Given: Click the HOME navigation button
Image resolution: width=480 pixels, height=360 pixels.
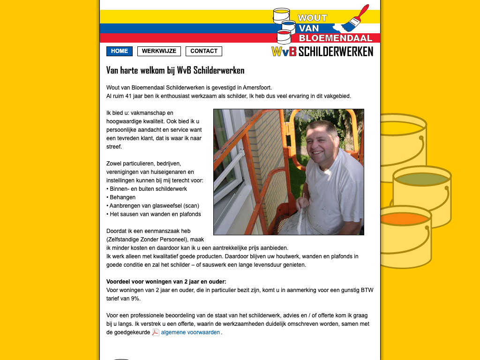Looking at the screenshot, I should [120, 51].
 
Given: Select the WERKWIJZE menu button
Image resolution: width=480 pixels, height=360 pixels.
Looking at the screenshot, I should [159, 51].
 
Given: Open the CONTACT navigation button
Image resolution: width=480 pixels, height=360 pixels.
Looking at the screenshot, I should [203, 51].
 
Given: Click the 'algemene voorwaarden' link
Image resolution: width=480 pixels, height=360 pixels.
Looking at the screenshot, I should [190, 332].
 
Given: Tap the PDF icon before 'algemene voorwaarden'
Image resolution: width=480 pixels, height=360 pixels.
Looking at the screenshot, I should [156, 332].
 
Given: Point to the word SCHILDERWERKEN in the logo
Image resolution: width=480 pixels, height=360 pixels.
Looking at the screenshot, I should [336, 52].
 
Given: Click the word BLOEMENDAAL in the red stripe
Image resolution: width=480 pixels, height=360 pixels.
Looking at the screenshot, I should [335, 38].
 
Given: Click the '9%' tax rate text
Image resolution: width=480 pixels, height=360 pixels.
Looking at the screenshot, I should [135, 299].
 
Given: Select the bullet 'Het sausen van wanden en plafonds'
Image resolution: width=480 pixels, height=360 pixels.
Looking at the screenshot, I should [155, 214].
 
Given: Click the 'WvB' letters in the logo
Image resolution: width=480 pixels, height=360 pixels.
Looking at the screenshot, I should [284, 52].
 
